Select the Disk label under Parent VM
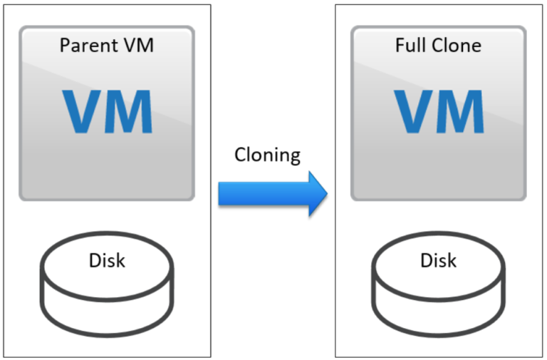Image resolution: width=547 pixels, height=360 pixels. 107,260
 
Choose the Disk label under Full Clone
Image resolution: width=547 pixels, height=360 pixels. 438,260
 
